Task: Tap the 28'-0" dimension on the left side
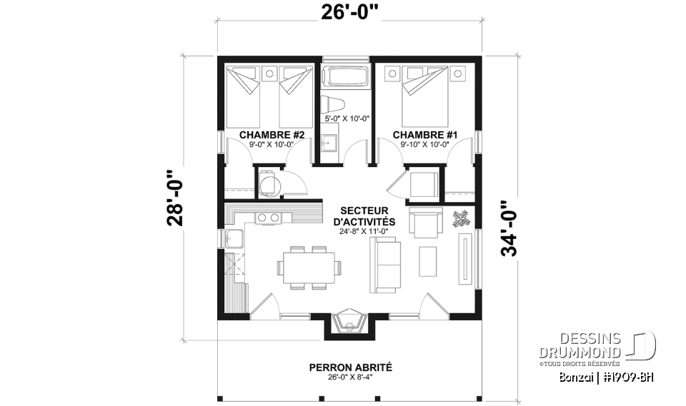click(175, 198)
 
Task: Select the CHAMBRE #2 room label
click(272, 134)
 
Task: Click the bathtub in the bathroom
click(346, 77)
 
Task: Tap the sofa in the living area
click(385, 264)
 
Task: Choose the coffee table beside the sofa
click(428, 260)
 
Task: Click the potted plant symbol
click(461, 218)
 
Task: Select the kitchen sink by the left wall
click(234, 238)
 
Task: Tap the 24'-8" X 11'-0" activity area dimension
click(364, 231)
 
